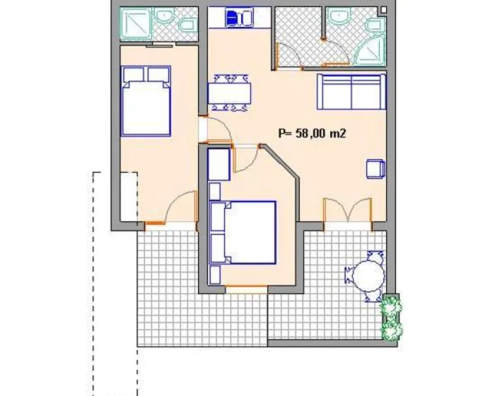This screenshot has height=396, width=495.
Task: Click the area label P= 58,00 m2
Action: [312, 133]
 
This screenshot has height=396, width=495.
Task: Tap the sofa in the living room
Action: [351, 92]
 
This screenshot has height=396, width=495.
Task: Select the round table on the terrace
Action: [368, 275]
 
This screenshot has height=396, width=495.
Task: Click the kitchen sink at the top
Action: [239, 18]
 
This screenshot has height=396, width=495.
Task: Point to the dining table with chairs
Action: [230, 93]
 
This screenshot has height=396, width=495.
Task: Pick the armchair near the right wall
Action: [375, 169]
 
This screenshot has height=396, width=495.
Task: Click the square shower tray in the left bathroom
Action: [135, 24]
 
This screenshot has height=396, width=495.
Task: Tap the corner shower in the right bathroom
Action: [371, 51]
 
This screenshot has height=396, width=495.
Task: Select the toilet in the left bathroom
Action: [187, 25]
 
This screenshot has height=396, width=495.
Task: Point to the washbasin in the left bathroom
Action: [164, 15]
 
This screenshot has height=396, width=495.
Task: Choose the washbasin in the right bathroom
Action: [339, 15]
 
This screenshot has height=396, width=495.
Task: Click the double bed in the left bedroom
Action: [146, 101]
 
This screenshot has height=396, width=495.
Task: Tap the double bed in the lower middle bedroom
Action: [243, 233]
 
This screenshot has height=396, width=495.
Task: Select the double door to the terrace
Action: [348, 210]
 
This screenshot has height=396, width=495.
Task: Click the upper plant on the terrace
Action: [391, 305]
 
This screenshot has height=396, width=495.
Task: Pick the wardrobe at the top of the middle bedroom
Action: [219, 165]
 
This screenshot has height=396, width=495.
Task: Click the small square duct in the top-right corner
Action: [383, 10]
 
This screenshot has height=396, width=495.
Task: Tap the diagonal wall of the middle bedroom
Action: [280, 162]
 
